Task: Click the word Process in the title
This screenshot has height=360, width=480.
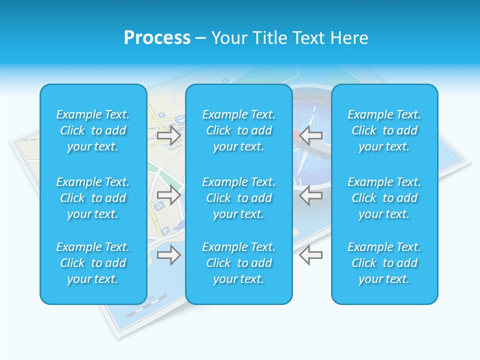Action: pos(157,38)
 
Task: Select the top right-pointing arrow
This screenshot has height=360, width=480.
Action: pos(168,135)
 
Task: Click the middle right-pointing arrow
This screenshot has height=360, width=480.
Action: pos(168,195)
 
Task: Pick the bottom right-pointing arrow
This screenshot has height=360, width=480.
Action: pos(168,255)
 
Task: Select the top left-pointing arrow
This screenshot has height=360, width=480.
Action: pos(311,135)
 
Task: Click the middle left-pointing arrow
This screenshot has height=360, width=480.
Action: pos(311,195)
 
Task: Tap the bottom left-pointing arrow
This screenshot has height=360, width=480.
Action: pos(311,255)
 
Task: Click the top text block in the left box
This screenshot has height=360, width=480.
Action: pos(93,130)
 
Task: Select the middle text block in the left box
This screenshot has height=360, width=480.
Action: pos(93,198)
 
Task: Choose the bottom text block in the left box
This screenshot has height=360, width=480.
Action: pos(93,263)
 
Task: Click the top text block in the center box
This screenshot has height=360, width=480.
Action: pos(238,130)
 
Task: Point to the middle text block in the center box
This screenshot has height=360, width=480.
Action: pos(238,198)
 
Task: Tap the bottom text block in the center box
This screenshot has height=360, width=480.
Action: pos(238,263)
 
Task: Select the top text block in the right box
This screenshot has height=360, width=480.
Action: pos(384,130)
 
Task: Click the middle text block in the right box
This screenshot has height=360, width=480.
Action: pos(384,198)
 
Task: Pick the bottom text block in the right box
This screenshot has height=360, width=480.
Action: pos(384,263)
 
